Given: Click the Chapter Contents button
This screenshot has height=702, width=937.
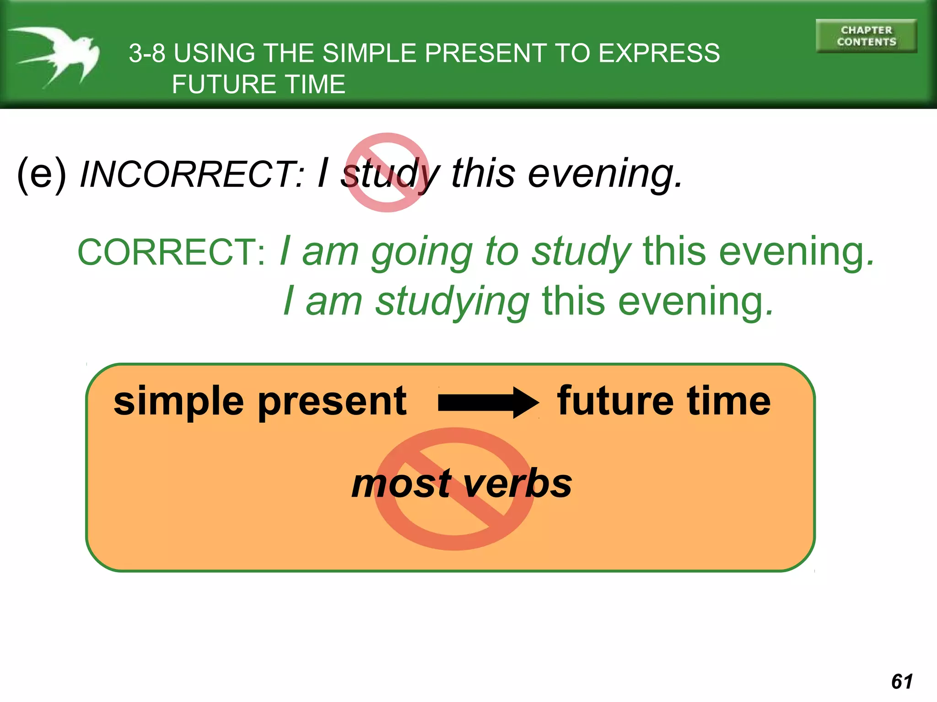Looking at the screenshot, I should tap(866, 36).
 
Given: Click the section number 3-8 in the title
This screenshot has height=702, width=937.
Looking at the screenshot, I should tap(147, 53).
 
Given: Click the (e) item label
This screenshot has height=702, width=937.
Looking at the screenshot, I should tap(42, 174).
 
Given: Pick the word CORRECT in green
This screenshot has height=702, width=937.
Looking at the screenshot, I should tap(170, 252).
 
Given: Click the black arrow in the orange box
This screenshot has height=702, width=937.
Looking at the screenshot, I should tap(488, 402).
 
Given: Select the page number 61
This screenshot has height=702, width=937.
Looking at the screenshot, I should tap(902, 681).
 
